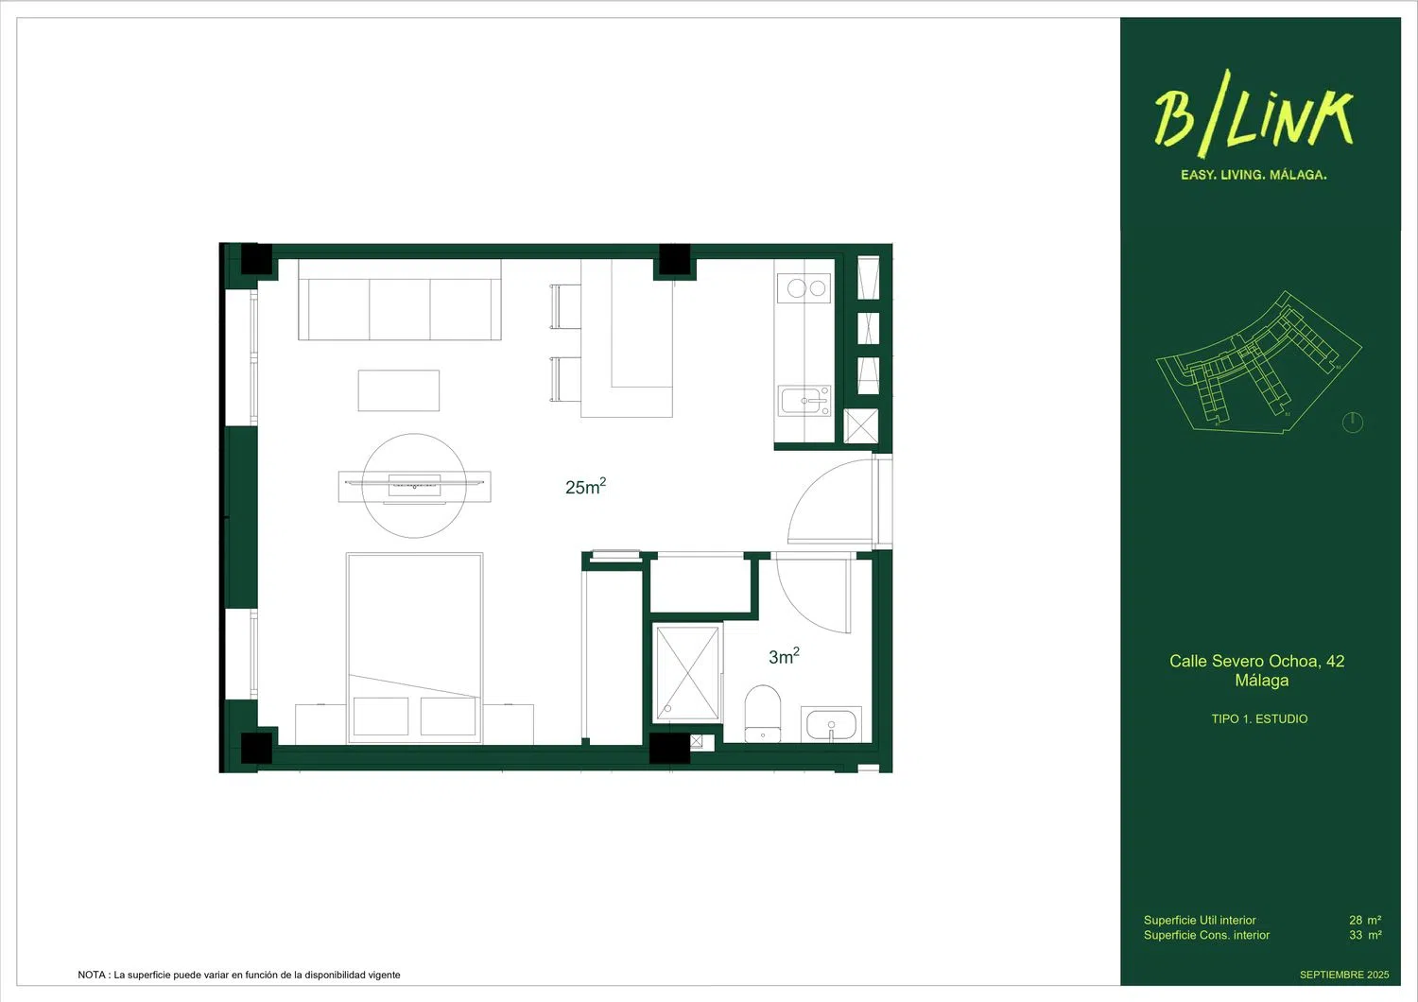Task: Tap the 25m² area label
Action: (585, 487)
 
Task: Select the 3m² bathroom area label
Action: (784, 656)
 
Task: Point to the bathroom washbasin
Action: (831, 725)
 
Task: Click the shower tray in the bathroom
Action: (688, 672)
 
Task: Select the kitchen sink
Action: (805, 401)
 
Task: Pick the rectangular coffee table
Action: (398, 390)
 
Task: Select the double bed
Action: (414, 648)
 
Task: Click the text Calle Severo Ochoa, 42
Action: (1256, 661)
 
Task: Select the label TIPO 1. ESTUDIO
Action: (1259, 719)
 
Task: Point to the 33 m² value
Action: (1364, 935)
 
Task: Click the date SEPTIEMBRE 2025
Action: (1343, 975)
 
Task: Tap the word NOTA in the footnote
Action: (92, 975)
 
